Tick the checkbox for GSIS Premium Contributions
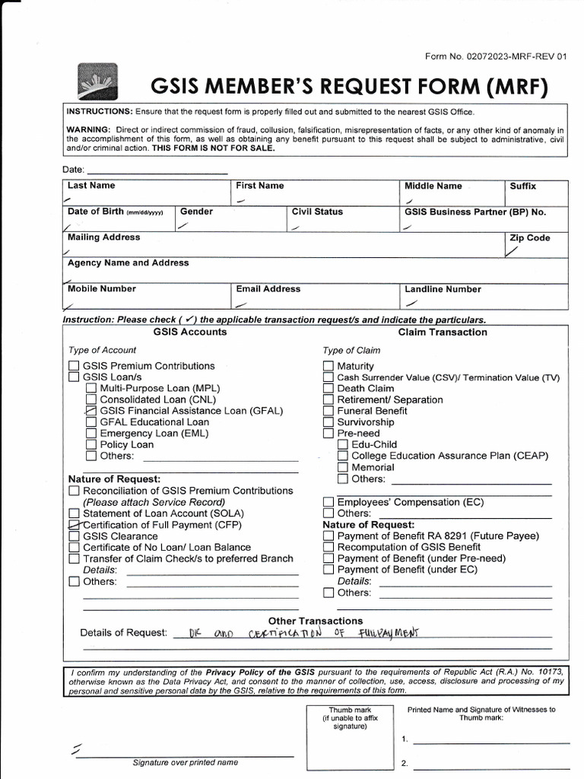[x=74, y=366]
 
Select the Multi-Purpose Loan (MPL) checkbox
[x=91, y=388]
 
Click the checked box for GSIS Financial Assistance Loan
[x=91, y=411]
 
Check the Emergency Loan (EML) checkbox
[x=91, y=434]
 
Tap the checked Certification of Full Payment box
[x=74, y=525]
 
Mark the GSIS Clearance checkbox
[x=74, y=536]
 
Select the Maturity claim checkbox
[x=328, y=366]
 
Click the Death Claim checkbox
[x=328, y=388]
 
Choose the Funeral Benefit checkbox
[x=328, y=411]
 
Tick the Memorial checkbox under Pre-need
[x=342, y=467]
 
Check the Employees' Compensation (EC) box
[x=328, y=502]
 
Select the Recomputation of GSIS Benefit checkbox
[x=328, y=547]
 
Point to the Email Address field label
[x=268, y=289]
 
